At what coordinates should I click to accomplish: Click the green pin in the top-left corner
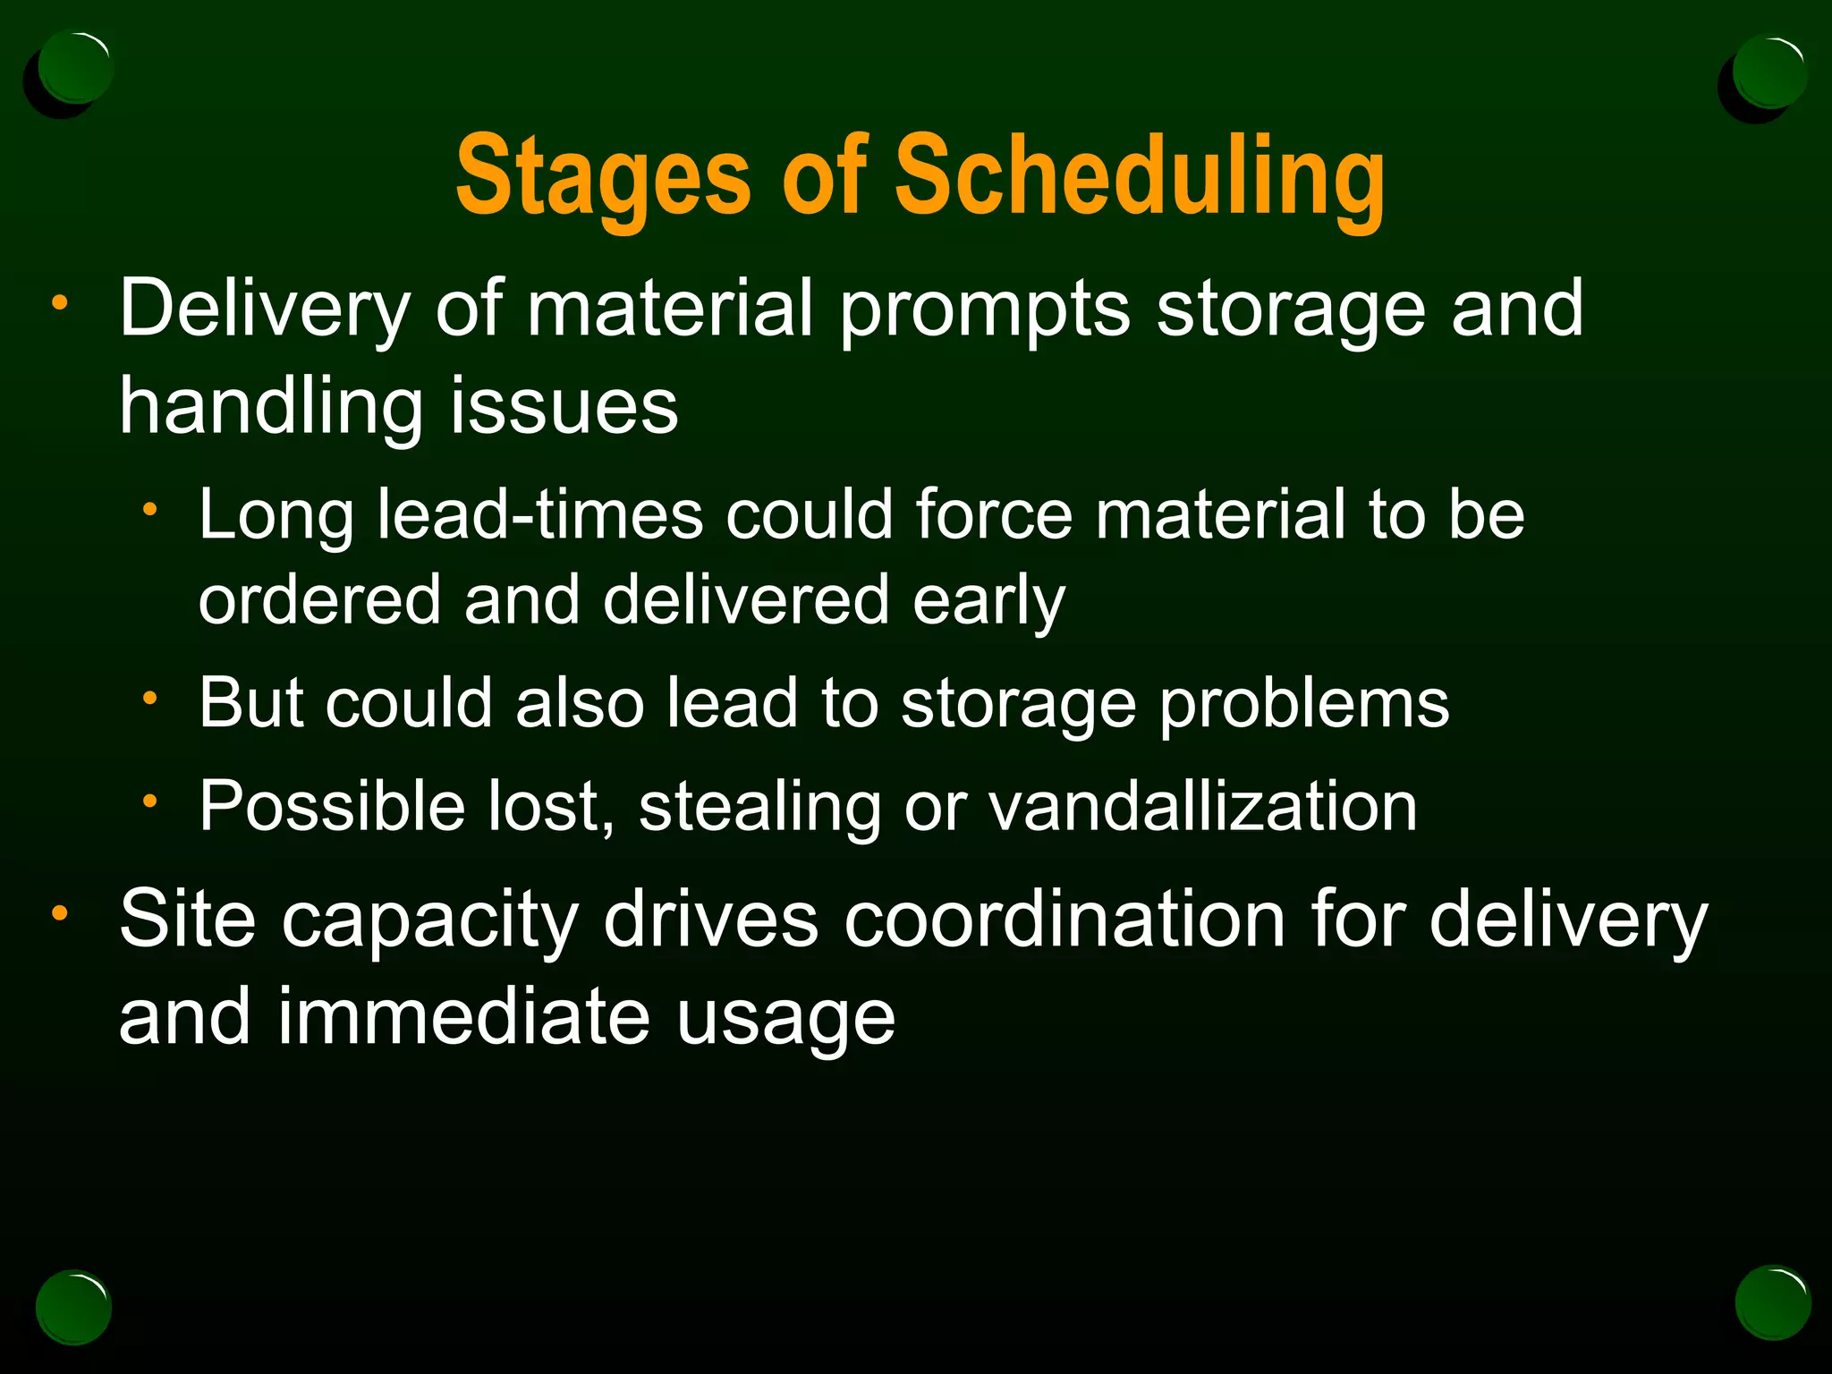[x=75, y=68]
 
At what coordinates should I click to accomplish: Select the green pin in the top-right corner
[x=1768, y=72]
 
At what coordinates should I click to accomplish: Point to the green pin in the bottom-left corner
[x=73, y=1307]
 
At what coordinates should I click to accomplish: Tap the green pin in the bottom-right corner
[x=1773, y=1302]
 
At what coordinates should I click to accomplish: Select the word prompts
[x=984, y=309]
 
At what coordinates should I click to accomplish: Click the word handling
[x=270, y=407]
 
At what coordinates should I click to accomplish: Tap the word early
[x=988, y=601]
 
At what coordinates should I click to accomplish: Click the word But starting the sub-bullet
[x=250, y=703]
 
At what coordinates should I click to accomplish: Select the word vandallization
[x=1202, y=806]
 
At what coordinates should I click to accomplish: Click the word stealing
[x=759, y=808]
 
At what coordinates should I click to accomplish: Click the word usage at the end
[x=785, y=1019]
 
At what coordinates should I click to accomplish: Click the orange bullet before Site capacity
[x=59, y=913]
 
